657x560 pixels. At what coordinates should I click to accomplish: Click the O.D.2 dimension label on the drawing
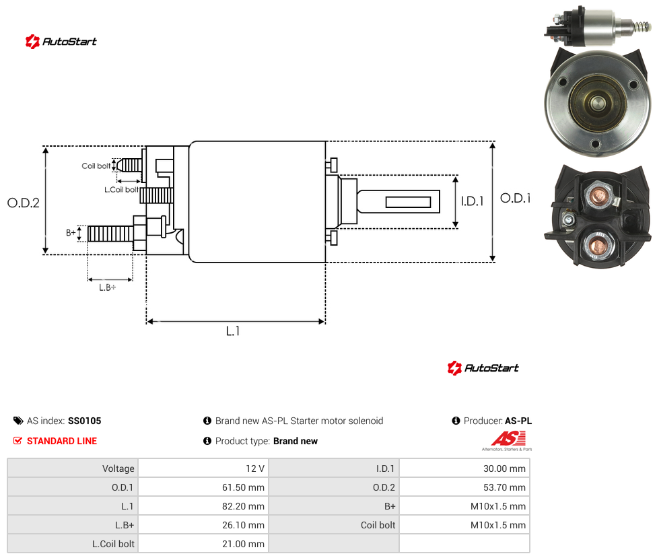pyautogui.click(x=24, y=203)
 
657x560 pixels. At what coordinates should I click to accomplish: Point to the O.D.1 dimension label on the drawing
pyautogui.click(x=516, y=198)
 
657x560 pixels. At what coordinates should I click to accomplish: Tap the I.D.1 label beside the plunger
pyautogui.click(x=473, y=201)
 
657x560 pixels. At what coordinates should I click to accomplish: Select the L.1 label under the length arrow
pyautogui.click(x=233, y=331)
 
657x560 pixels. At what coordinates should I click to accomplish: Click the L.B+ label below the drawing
pyautogui.click(x=108, y=287)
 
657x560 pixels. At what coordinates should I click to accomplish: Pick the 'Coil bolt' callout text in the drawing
pyautogui.click(x=96, y=166)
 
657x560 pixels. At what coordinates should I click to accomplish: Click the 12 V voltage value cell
pyautogui.click(x=255, y=468)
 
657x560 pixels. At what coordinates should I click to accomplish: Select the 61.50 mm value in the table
pyautogui.click(x=243, y=487)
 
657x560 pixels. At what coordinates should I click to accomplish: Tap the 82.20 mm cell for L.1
pyautogui.click(x=243, y=506)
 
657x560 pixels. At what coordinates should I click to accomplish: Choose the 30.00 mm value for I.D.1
pyautogui.click(x=504, y=468)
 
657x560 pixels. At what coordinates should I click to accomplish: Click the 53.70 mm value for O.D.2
pyautogui.click(x=504, y=487)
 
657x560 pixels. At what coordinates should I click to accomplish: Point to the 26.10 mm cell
pyautogui.click(x=243, y=525)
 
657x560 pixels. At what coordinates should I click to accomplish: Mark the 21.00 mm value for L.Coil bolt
pyautogui.click(x=243, y=544)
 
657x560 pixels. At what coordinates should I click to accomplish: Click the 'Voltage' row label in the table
pyautogui.click(x=118, y=468)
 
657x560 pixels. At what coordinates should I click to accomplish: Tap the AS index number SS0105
pyautogui.click(x=85, y=421)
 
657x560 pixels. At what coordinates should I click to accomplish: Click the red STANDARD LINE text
pyautogui.click(x=62, y=441)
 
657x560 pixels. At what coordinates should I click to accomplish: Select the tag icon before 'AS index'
pyautogui.click(x=18, y=421)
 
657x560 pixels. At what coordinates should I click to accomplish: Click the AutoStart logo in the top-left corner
pyautogui.click(x=61, y=42)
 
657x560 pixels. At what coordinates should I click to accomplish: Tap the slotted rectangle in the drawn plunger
pyautogui.click(x=408, y=202)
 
